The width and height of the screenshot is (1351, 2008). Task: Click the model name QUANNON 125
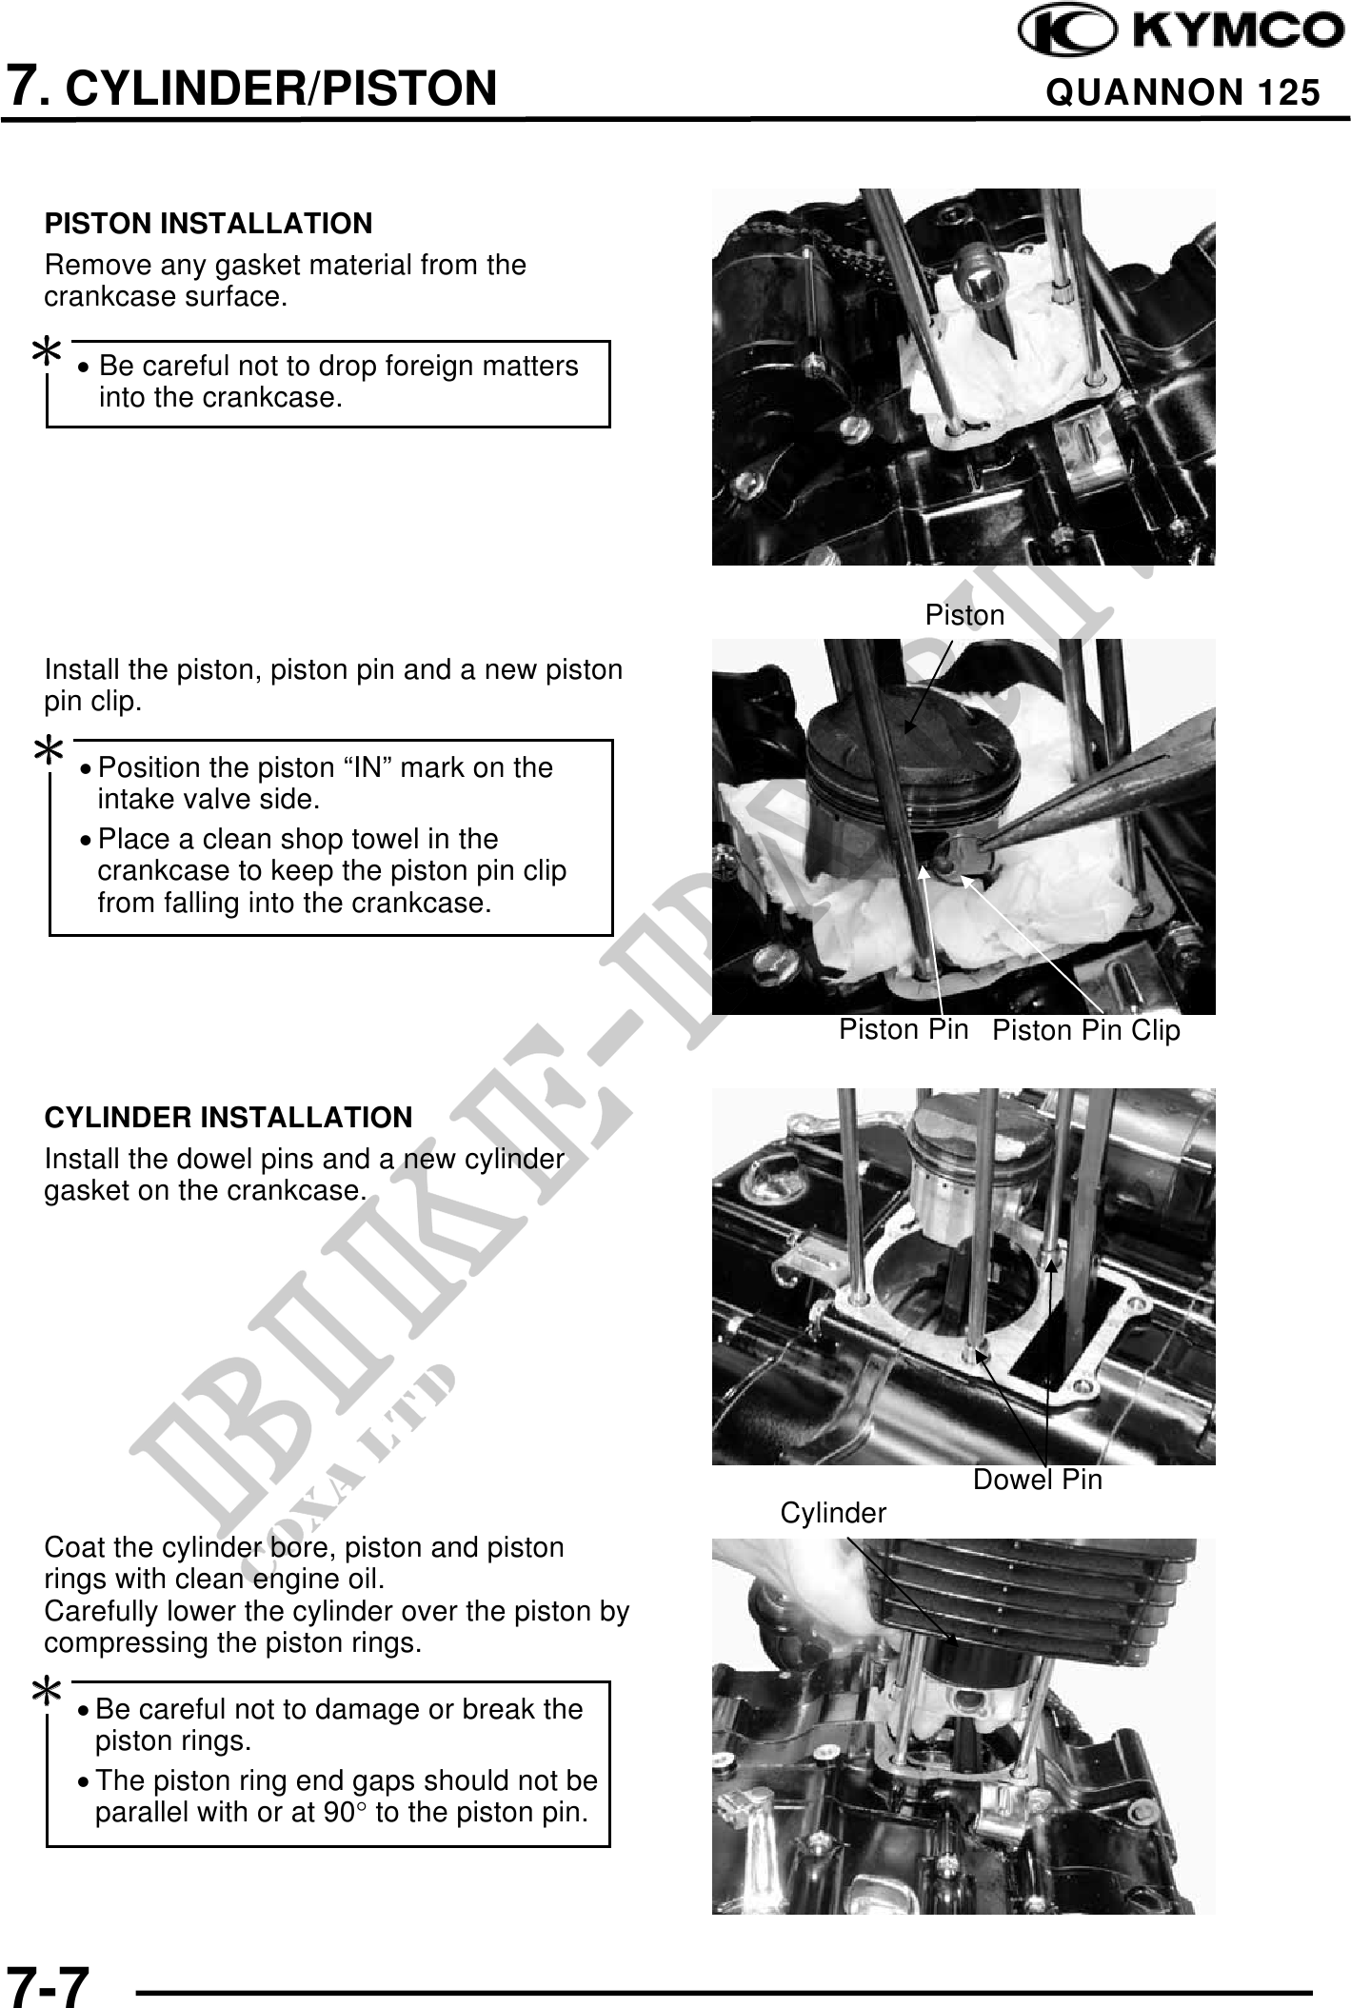[1182, 92]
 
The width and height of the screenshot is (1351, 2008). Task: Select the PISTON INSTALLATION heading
[209, 224]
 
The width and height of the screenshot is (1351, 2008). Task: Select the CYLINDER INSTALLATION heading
[228, 1117]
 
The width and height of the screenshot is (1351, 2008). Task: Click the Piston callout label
[964, 615]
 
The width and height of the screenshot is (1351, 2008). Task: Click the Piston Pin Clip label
[1085, 1030]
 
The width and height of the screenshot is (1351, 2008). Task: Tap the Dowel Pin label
[1037, 1479]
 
